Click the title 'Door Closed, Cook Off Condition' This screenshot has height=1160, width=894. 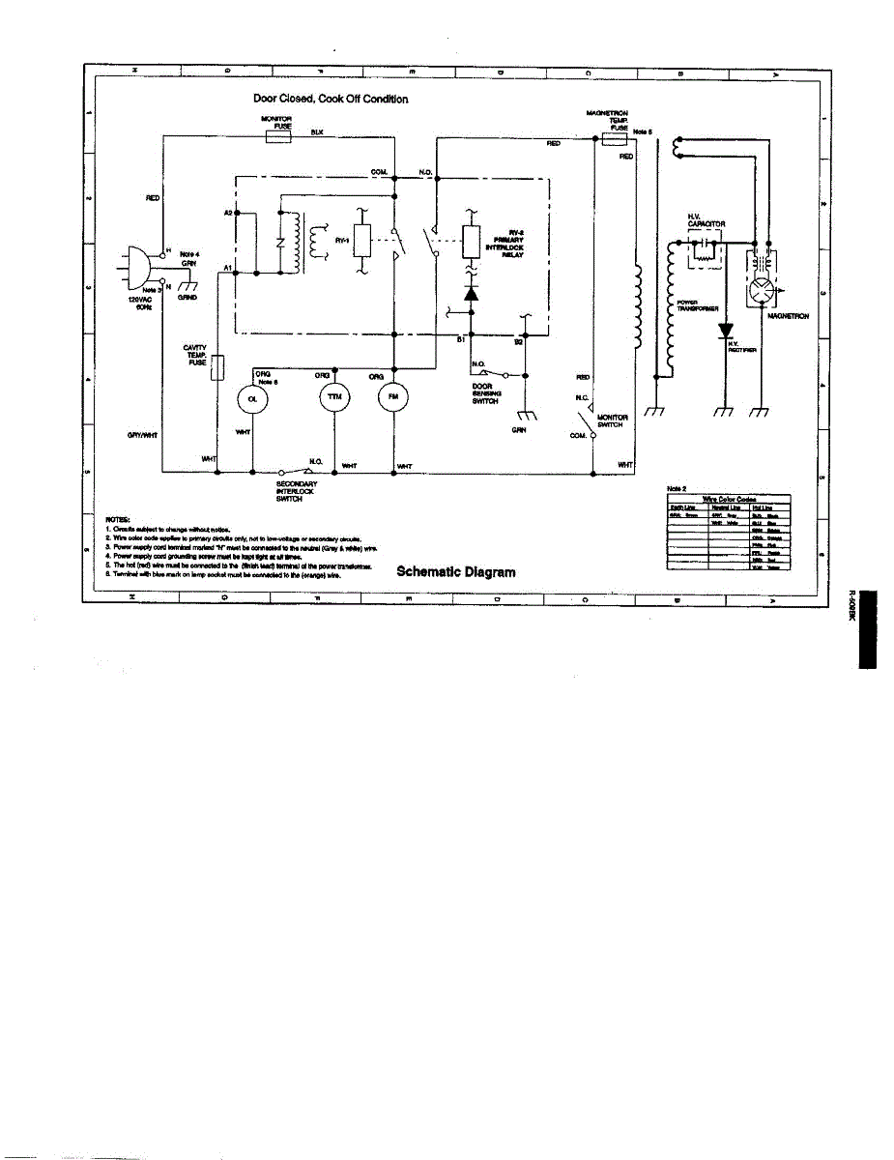pos(331,99)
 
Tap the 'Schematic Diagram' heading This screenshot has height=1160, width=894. pos(456,572)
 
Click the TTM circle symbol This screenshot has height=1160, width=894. pos(334,399)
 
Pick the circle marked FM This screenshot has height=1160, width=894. pos(394,399)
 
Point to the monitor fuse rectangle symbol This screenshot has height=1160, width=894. pos(278,137)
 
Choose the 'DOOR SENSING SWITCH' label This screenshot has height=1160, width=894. pos(485,394)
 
